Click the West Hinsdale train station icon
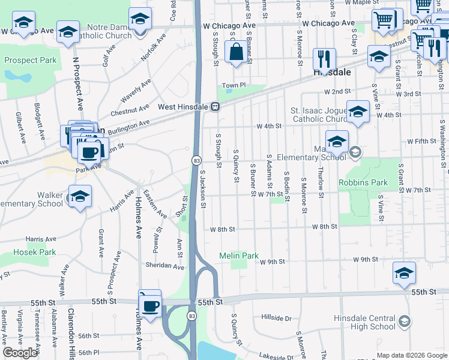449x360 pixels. (x=215, y=107)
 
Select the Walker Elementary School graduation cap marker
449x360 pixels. (x=80, y=197)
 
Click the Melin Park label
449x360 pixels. (x=238, y=256)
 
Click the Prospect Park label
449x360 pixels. (x=30, y=60)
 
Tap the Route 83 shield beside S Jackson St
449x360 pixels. (x=196, y=161)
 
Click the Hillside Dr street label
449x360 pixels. (x=276, y=318)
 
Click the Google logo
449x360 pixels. (x=20, y=352)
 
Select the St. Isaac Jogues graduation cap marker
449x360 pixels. (x=358, y=112)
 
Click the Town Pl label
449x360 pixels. (x=234, y=85)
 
